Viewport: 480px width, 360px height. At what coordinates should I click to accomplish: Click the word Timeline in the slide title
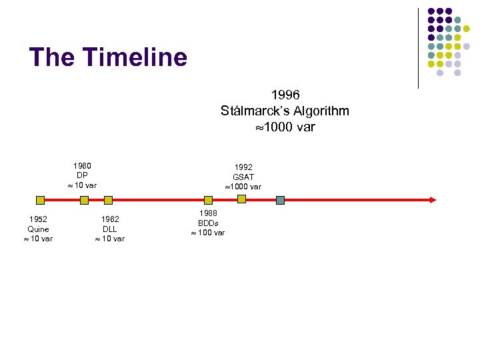[x=136, y=58]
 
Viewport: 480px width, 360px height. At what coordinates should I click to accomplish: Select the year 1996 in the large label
[x=285, y=95]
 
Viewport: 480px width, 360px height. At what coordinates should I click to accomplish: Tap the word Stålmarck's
[x=255, y=111]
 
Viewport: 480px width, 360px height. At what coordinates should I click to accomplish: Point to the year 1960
[x=82, y=165]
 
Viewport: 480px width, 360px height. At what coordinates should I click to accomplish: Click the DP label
[x=82, y=175]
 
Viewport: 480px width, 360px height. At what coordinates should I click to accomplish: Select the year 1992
[x=243, y=167]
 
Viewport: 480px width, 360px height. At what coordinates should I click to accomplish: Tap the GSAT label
[x=243, y=177]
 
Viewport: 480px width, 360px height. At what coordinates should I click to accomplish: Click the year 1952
[x=38, y=219]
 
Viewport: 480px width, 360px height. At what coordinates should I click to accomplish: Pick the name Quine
[x=38, y=229]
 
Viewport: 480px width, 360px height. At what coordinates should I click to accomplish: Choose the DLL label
[x=110, y=229]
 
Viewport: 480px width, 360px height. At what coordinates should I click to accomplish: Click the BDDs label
[x=208, y=223]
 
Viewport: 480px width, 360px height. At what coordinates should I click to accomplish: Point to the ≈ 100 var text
[x=208, y=233]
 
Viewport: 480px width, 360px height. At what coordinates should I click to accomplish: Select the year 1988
[x=208, y=213]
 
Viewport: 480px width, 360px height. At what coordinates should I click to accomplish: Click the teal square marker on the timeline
[x=281, y=199]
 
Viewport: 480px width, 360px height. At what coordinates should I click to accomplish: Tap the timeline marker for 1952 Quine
[x=40, y=199]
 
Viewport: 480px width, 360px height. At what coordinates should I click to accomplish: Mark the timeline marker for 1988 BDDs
[x=208, y=199]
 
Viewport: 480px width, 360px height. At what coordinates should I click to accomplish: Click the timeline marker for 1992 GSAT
[x=241, y=199]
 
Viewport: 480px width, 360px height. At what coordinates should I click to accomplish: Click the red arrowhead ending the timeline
[x=433, y=199]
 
